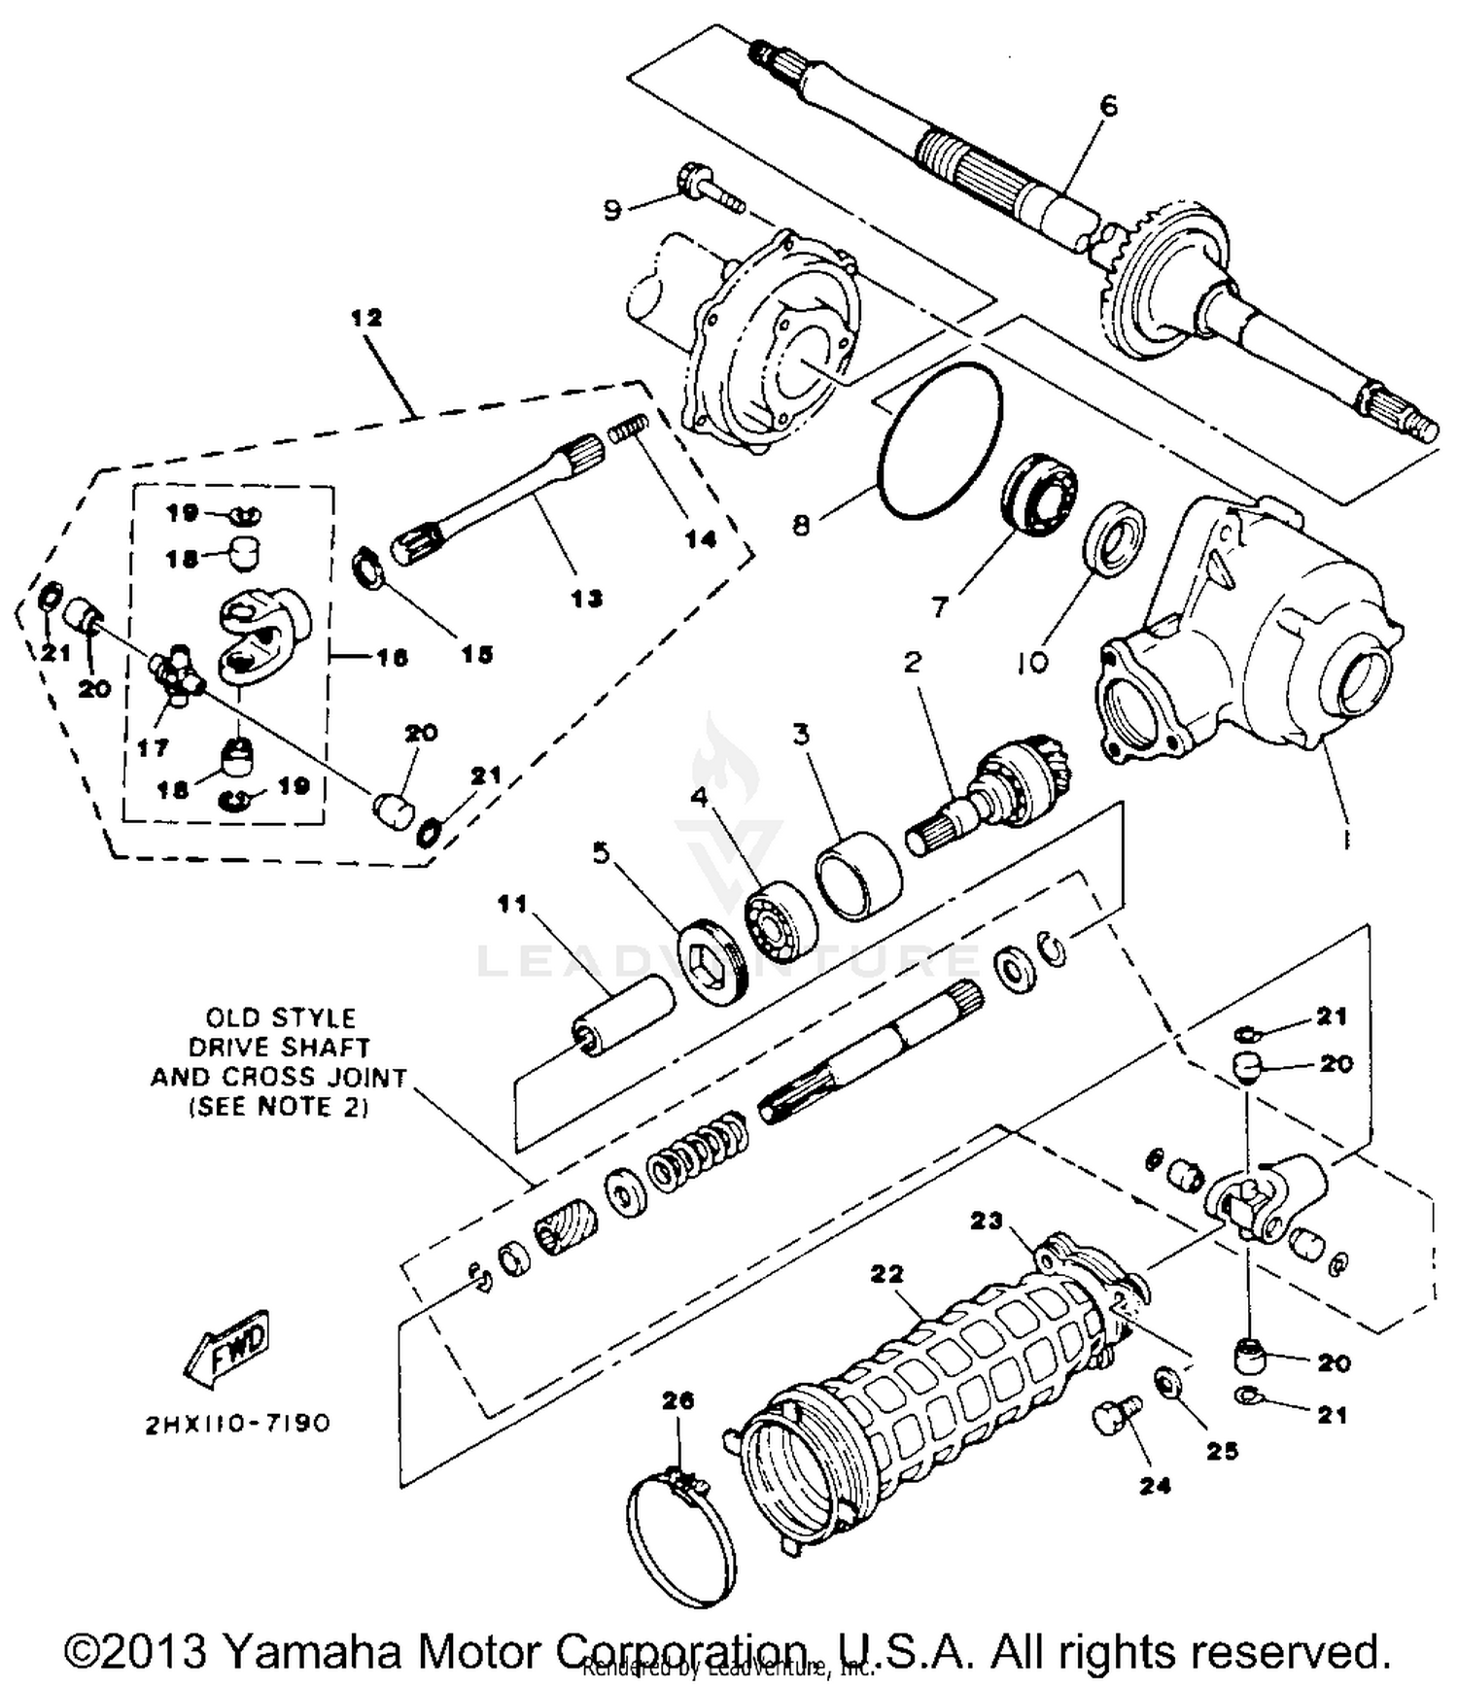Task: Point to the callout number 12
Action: pyautogui.click(x=367, y=317)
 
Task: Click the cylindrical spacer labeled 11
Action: pyautogui.click(x=622, y=1017)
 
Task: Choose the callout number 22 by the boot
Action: pyautogui.click(x=887, y=1273)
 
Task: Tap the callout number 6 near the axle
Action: pyautogui.click(x=1108, y=104)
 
